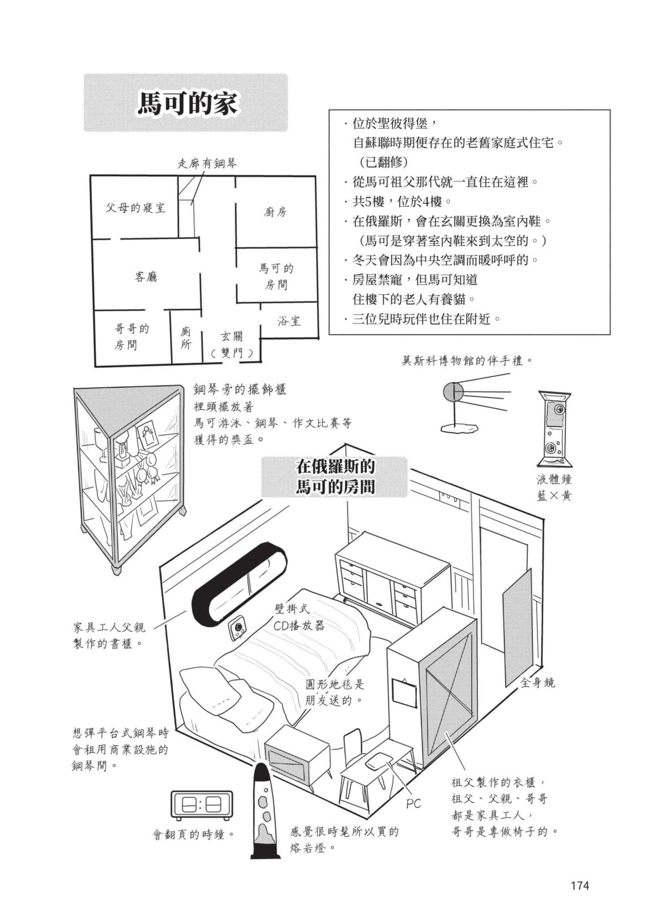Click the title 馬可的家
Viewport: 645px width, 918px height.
coord(187,104)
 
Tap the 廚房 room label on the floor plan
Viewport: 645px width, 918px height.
coord(275,212)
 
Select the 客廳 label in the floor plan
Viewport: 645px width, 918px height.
coord(146,277)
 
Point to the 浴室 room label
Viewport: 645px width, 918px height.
coord(289,321)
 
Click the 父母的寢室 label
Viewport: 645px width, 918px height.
coord(135,208)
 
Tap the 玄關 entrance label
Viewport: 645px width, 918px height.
coord(231,336)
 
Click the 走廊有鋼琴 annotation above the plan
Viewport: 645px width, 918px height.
coord(207,164)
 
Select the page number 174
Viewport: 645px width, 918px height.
coord(580,885)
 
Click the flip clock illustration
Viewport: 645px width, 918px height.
coord(202,805)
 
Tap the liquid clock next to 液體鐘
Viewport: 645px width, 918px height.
coord(555,429)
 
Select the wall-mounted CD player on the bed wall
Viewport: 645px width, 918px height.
coord(238,627)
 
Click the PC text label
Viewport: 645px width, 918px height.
coord(413,804)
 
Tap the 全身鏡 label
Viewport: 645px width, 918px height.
coord(537,683)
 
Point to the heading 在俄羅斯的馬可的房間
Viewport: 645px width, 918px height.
coord(335,476)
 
